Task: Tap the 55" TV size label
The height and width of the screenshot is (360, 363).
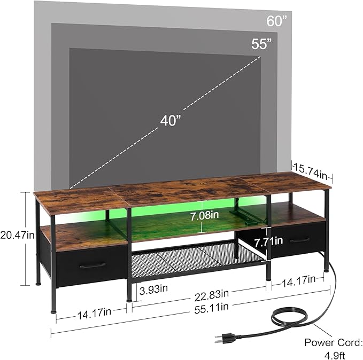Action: click(x=262, y=44)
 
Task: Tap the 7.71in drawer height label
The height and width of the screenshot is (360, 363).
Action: click(x=268, y=241)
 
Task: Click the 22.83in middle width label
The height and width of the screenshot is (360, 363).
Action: click(x=212, y=293)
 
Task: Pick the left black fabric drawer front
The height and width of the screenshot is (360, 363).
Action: click(x=88, y=264)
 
